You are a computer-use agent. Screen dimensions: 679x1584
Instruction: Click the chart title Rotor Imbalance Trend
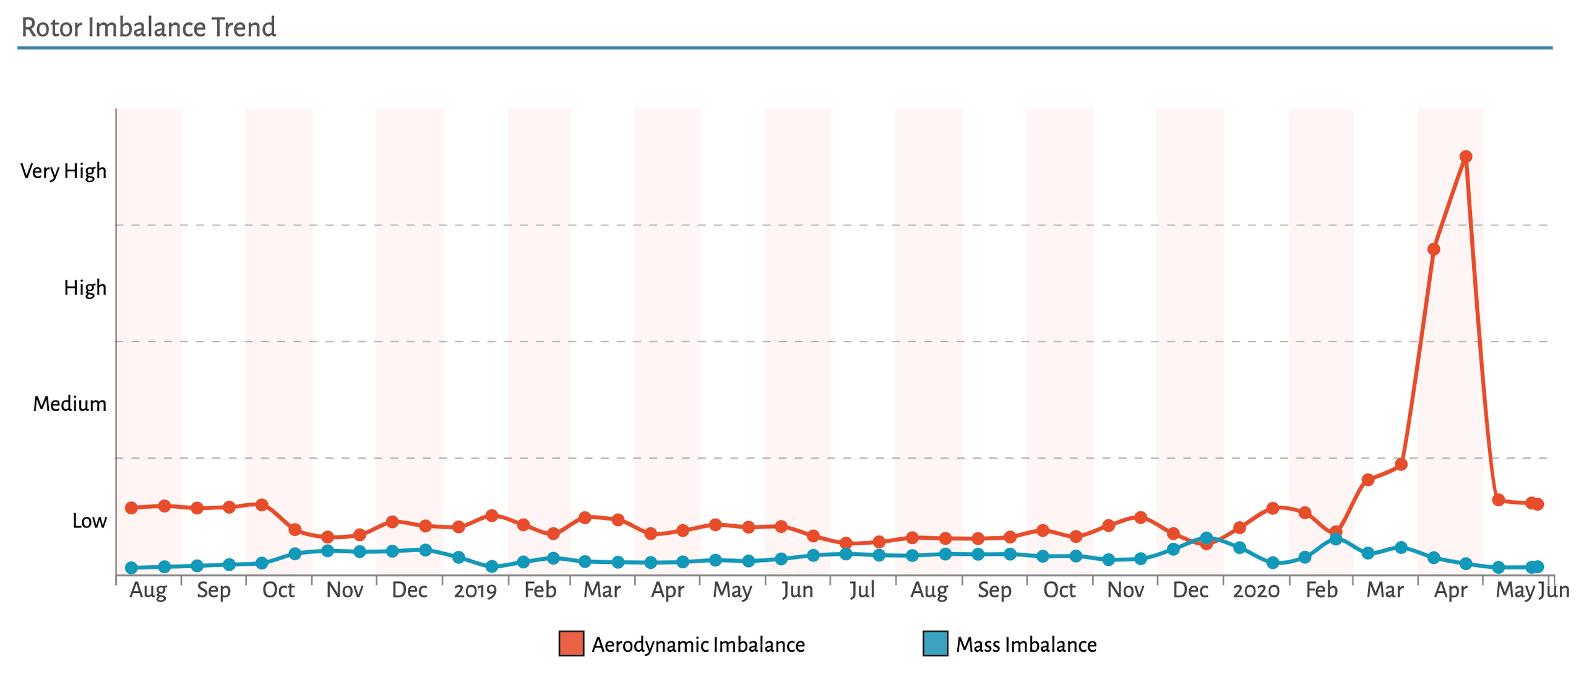(148, 27)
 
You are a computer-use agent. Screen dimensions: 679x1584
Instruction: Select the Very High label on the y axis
(63, 171)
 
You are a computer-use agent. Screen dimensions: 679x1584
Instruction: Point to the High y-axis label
(85, 288)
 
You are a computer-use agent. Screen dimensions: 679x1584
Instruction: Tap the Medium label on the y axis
(69, 404)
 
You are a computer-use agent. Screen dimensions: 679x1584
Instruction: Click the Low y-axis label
(89, 521)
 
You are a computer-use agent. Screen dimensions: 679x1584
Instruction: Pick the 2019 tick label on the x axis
(475, 590)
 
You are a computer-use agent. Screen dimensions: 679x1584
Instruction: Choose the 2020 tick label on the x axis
(1255, 590)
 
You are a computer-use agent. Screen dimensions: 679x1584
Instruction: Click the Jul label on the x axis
(862, 590)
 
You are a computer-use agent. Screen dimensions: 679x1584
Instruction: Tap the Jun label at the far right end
(1554, 590)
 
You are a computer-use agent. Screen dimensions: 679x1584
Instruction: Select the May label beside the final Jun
(1514, 590)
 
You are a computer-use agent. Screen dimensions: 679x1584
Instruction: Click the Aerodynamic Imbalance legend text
(698, 645)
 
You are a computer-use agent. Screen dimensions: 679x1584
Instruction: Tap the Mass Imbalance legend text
(1026, 645)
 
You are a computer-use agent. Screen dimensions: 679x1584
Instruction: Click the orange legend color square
(571, 644)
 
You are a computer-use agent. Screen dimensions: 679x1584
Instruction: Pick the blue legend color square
(935, 644)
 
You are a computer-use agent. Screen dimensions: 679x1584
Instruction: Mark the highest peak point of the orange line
(1465, 157)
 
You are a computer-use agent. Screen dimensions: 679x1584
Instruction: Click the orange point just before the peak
(1433, 249)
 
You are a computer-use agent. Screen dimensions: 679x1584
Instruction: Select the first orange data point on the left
(131, 508)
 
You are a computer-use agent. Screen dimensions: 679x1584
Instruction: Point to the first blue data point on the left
(131, 568)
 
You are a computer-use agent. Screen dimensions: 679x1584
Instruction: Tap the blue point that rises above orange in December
(1206, 538)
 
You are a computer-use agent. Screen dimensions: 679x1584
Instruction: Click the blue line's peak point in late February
(1336, 539)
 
